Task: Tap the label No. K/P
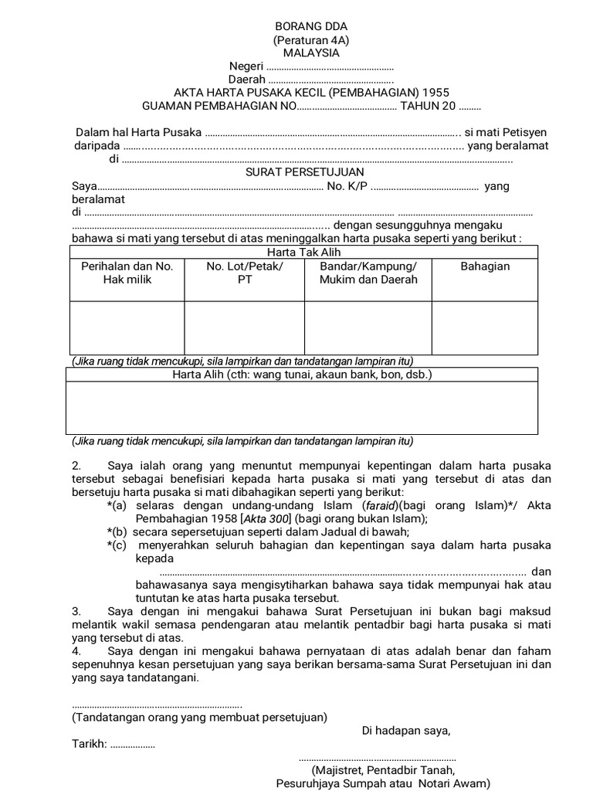(x=347, y=186)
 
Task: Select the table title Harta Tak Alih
(x=303, y=253)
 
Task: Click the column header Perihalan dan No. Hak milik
(x=127, y=273)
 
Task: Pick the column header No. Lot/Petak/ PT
(x=245, y=273)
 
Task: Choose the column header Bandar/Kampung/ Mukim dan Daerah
(x=368, y=273)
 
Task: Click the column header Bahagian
(x=485, y=266)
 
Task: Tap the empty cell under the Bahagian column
(x=485, y=328)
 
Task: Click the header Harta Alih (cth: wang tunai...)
(x=301, y=375)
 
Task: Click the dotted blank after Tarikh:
(x=133, y=746)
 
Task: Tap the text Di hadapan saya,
(x=406, y=731)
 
